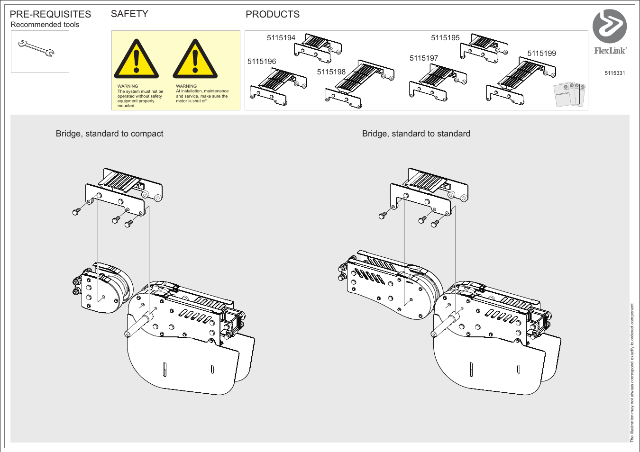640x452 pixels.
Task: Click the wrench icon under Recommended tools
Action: point(37,49)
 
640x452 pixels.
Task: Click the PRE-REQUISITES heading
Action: point(50,14)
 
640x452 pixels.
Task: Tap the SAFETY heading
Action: point(129,14)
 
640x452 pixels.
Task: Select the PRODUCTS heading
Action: point(273,14)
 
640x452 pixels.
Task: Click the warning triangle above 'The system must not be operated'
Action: point(137,60)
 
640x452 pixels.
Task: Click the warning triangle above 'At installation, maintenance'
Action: point(195,60)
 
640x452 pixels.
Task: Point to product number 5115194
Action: point(281,38)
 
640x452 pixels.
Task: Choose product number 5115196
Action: point(262,62)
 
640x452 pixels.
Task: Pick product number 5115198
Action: point(331,72)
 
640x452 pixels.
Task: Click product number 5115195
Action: point(445,38)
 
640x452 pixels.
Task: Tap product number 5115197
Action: point(424,58)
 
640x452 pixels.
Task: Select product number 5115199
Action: point(541,54)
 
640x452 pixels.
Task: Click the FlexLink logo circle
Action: point(610,26)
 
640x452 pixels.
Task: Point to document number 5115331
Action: point(614,73)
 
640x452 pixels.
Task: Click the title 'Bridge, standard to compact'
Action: point(110,134)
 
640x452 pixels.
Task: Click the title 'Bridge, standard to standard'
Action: point(416,134)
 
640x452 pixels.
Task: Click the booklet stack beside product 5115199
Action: point(570,94)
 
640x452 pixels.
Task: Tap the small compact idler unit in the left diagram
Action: point(102,288)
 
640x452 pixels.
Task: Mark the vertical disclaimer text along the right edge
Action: point(631,372)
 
